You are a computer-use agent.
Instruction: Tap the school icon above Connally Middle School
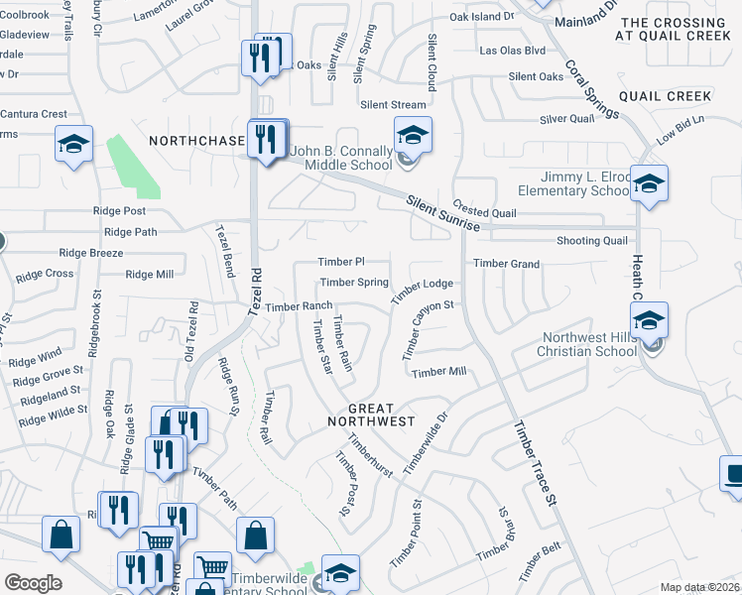click(412, 135)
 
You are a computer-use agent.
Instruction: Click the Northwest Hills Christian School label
click(587, 344)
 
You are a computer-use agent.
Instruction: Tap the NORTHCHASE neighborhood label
click(195, 142)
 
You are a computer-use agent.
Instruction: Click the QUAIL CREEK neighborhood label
click(665, 96)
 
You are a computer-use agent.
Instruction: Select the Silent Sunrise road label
click(443, 214)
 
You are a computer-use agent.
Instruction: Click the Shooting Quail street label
click(591, 241)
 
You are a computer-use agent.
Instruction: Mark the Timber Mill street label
click(438, 372)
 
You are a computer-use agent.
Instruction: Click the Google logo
click(34, 583)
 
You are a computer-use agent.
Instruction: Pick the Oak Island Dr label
click(482, 17)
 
